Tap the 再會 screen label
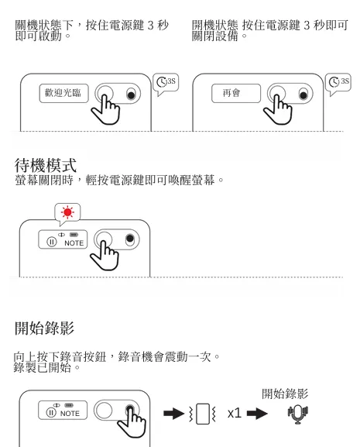pos(231,94)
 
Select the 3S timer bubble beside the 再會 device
pos(338,81)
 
